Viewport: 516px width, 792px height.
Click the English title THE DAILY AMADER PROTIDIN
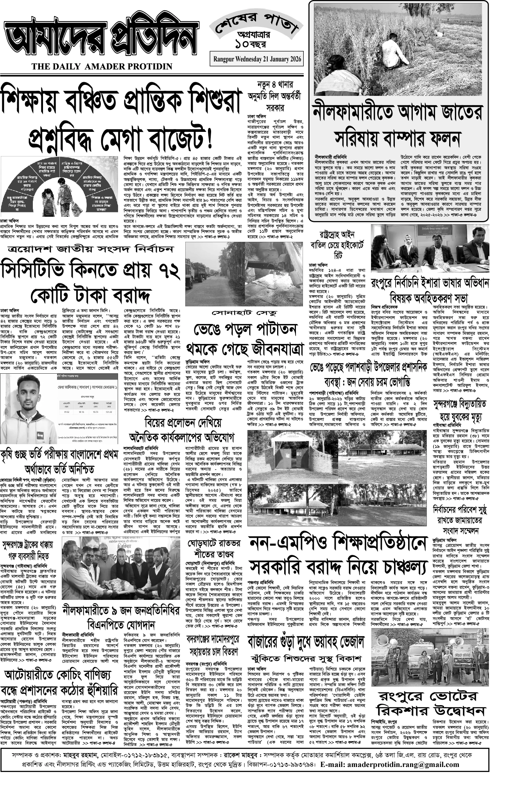click(x=102, y=67)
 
